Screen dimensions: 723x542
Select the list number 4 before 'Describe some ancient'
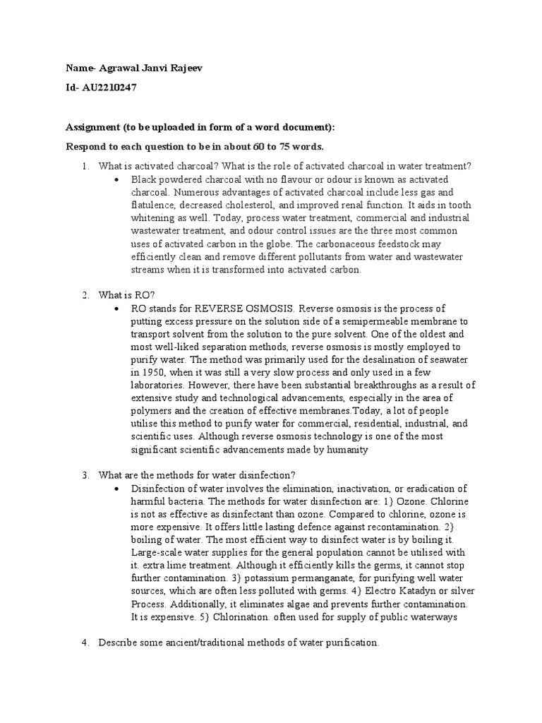click(x=83, y=644)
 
